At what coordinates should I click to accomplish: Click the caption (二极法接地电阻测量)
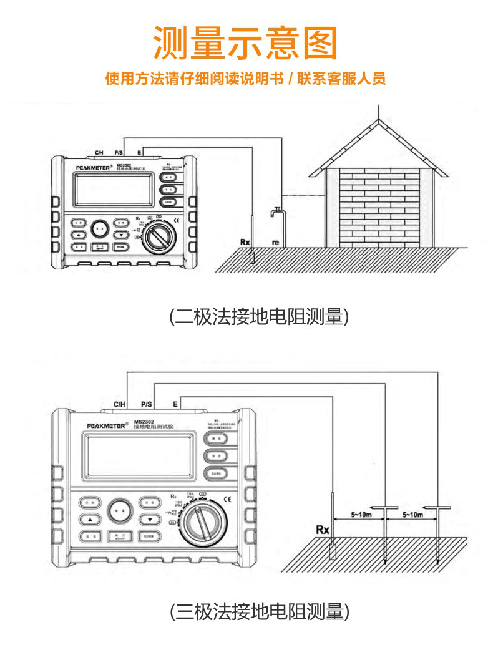click(259, 316)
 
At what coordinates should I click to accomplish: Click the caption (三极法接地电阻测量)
click(259, 611)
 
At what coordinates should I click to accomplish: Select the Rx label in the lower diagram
click(322, 530)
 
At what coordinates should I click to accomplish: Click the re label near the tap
click(275, 241)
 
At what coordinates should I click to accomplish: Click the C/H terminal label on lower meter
click(120, 404)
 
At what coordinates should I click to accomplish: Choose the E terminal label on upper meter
click(139, 152)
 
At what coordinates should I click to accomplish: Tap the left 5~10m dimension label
click(360, 515)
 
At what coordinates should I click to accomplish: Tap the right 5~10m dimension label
click(412, 515)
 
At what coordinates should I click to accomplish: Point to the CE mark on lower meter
click(228, 498)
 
